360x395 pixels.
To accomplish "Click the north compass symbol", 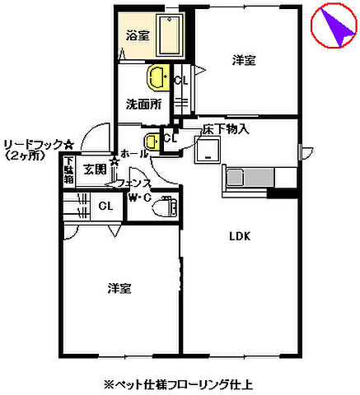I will pyautogui.click(x=334, y=28).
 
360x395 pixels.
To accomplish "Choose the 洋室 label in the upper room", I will pyautogui.click(x=243, y=60).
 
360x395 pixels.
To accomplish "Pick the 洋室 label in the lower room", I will pyautogui.click(x=119, y=288).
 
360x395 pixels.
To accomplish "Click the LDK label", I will pyautogui.click(x=240, y=237).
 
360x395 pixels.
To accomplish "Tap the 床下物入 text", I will pyautogui.click(x=226, y=129).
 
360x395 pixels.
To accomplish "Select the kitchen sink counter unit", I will pyautogui.click(x=260, y=178).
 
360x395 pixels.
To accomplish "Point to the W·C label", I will pyautogui.click(x=138, y=197).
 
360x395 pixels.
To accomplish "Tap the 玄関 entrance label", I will pyautogui.click(x=94, y=170).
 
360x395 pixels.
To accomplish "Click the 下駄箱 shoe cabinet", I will pyautogui.click(x=69, y=171).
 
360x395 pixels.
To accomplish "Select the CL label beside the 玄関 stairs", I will pyautogui.click(x=105, y=206).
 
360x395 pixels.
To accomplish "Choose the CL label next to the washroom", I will pyautogui.click(x=181, y=81).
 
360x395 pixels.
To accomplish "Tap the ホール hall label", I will pyautogui.click(x=134, y=154).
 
